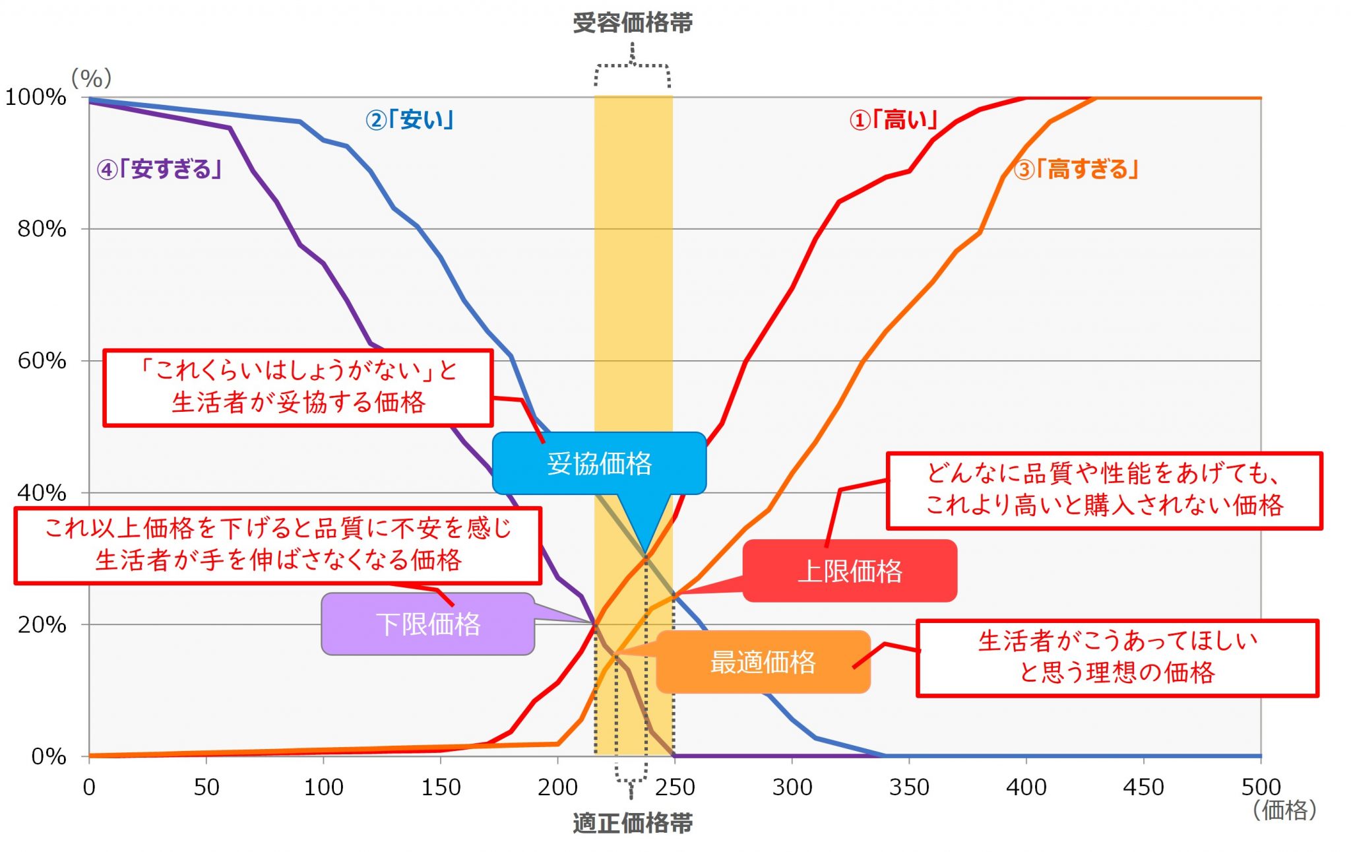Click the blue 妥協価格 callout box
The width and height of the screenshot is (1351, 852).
pos(599,463)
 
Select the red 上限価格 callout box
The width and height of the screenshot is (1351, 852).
pos(850,571)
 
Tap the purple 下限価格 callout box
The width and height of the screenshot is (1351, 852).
pos(428,624)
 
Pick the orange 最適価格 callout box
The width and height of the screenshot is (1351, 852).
pos(763,662)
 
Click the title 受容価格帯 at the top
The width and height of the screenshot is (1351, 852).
pos(633,23)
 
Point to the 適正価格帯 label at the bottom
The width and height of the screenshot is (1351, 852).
pos(633,824)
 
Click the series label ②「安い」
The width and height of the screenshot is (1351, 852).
pos(410,120)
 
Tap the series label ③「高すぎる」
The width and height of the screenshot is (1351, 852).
pos(1077,170)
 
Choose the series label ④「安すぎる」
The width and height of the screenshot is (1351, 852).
pos(159,170)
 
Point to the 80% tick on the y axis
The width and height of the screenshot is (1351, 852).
pos(42,229)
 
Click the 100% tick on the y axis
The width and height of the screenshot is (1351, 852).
pos(36,98)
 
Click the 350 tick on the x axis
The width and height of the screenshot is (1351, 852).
pos(909,787)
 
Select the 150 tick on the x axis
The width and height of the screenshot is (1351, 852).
pos(441,787)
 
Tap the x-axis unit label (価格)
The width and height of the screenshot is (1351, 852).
pos(1284,810)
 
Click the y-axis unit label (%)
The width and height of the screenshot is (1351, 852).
pos(92,79)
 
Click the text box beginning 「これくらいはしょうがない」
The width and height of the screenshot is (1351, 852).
pos(298,387)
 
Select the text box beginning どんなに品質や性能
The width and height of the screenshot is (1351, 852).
pos(1104,490)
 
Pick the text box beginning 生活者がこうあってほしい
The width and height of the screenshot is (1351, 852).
pos(1117,658)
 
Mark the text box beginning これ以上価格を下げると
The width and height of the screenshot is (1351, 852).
pos(278,545)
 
